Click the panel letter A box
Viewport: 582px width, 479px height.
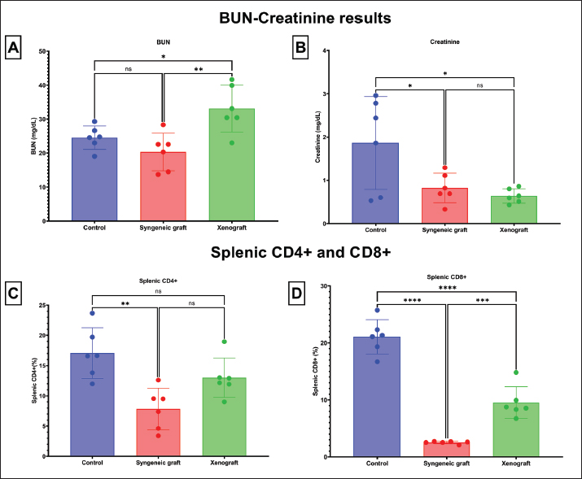click(14, 49)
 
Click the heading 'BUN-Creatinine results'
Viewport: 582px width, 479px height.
click(291, 18)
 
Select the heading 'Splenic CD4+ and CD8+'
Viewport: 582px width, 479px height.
click(291, 252)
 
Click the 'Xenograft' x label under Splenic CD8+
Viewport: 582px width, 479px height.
click(516, 465)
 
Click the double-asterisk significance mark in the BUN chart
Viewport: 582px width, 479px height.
click(199, 71)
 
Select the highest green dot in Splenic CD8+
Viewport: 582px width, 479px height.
click(516, 372)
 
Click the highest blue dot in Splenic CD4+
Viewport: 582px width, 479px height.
click(93, 312)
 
